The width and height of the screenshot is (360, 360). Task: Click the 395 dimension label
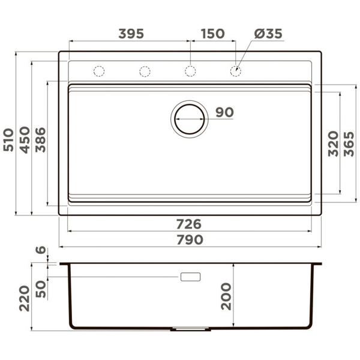pyautogui.click(x=131, y=34)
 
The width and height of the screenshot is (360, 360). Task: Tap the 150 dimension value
pyautogui.click(x=213, y=34)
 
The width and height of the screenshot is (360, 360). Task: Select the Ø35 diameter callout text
pyautogui.click(x=268, y=34)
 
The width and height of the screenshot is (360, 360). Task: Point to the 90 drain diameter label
pyautogui.click(x=224, y=112)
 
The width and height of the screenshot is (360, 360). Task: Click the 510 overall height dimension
pyautogui.click(x=9, y=140)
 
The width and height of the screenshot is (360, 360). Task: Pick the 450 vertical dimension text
pyautogui.click(x=25, y=140)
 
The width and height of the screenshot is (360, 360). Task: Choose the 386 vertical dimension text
pyautogui.click(x=40, y=140)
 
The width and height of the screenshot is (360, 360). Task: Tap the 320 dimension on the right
pyautogui.click(x=333, y=144)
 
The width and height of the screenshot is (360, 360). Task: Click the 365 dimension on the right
pyautogui.click(x=349, y=144)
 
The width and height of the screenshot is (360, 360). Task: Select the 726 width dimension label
pyautogui.click(x=189, y=224)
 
